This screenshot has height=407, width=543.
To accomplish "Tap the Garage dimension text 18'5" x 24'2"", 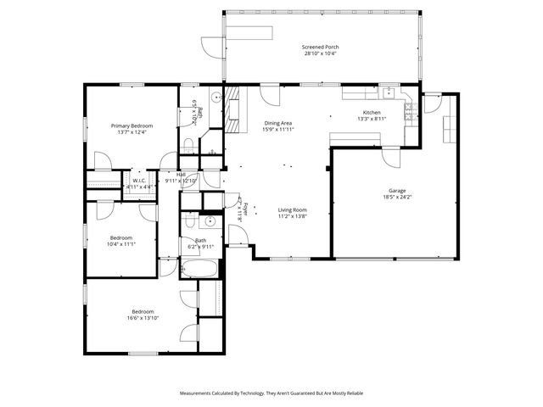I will tap(397, 197).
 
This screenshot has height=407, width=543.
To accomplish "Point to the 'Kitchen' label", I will tap(372, 113).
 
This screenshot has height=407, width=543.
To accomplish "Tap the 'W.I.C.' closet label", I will tap(139, 180).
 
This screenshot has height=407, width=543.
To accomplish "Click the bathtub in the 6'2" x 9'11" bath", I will tap(201, 269).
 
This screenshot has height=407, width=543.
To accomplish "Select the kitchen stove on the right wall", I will tap(410, 109).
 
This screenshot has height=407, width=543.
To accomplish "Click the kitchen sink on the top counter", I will tap(387, 92).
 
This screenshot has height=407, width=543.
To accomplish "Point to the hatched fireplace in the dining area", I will tap(232, 109).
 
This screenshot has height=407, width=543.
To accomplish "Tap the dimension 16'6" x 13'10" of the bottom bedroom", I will tap(143, 317).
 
